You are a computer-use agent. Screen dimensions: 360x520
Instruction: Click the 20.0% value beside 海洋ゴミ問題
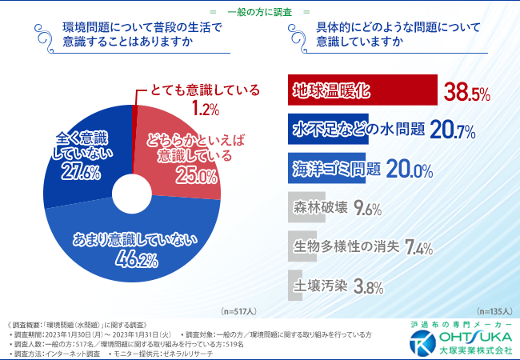(x=410, y=169)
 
